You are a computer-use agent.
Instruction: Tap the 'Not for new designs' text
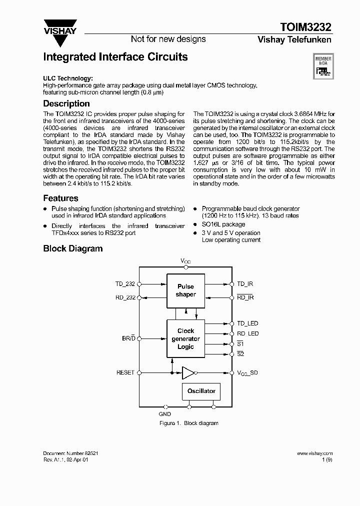pos(168,39)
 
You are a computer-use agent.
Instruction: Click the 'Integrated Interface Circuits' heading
pos(115,57)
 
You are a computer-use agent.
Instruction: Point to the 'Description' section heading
pos(66,103)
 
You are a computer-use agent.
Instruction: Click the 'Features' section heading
pos(60,198)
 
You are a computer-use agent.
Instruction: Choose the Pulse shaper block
pos(185,290)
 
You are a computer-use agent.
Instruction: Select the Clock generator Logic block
pos(185,338)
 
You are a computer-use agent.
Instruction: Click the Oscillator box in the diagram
pos(201,391)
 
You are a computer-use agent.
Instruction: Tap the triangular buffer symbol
pos(188,372)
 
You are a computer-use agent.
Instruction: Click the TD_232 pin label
pos(125,284)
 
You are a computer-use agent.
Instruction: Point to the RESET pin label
pos(125,372)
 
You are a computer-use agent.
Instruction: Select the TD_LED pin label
pos(247,323)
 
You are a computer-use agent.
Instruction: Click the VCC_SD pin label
pos(247,373)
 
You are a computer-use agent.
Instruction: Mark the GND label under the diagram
pos(164,414)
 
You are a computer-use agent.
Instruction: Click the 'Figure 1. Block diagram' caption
pos(188,423)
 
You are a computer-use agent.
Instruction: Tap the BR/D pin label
pos(128,338)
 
